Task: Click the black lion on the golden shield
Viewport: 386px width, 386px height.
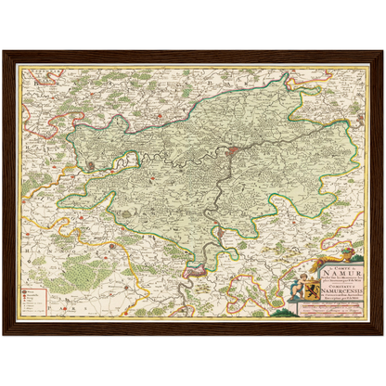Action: pyautogui.click(x=312, y=291)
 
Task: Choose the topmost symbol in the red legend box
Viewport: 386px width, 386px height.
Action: pyautogui.click(x=35, y=290)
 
